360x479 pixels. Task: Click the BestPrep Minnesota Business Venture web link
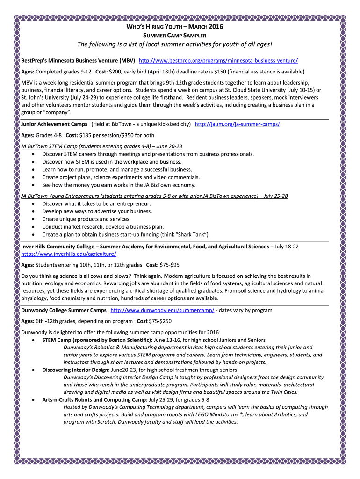pos(218,61)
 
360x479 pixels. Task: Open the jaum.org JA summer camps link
pos(237,124)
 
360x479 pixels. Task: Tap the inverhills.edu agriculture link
pos(69,254)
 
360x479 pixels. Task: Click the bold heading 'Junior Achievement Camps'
pos(54,124)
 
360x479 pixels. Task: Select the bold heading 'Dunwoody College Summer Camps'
pos(64,310)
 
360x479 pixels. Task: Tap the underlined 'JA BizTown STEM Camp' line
pos(102,146)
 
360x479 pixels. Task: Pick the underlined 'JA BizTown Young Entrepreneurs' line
pos(154,196)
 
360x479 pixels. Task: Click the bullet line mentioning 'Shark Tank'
pos(126,234)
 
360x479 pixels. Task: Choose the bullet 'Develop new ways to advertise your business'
pos(97,211)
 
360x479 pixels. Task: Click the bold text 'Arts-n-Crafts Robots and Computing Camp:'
pos(94,400)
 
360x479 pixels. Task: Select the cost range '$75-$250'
pos(160,321)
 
